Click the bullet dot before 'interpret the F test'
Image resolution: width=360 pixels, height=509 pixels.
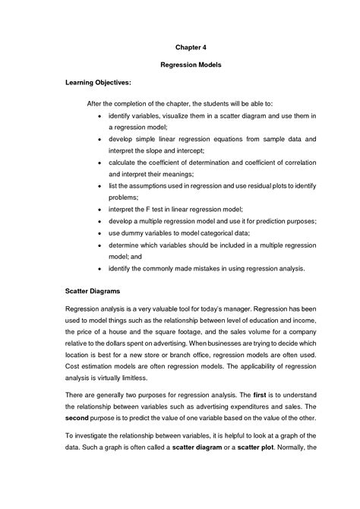click(101, 207)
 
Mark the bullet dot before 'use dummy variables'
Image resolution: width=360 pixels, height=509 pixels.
click(101, 233)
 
